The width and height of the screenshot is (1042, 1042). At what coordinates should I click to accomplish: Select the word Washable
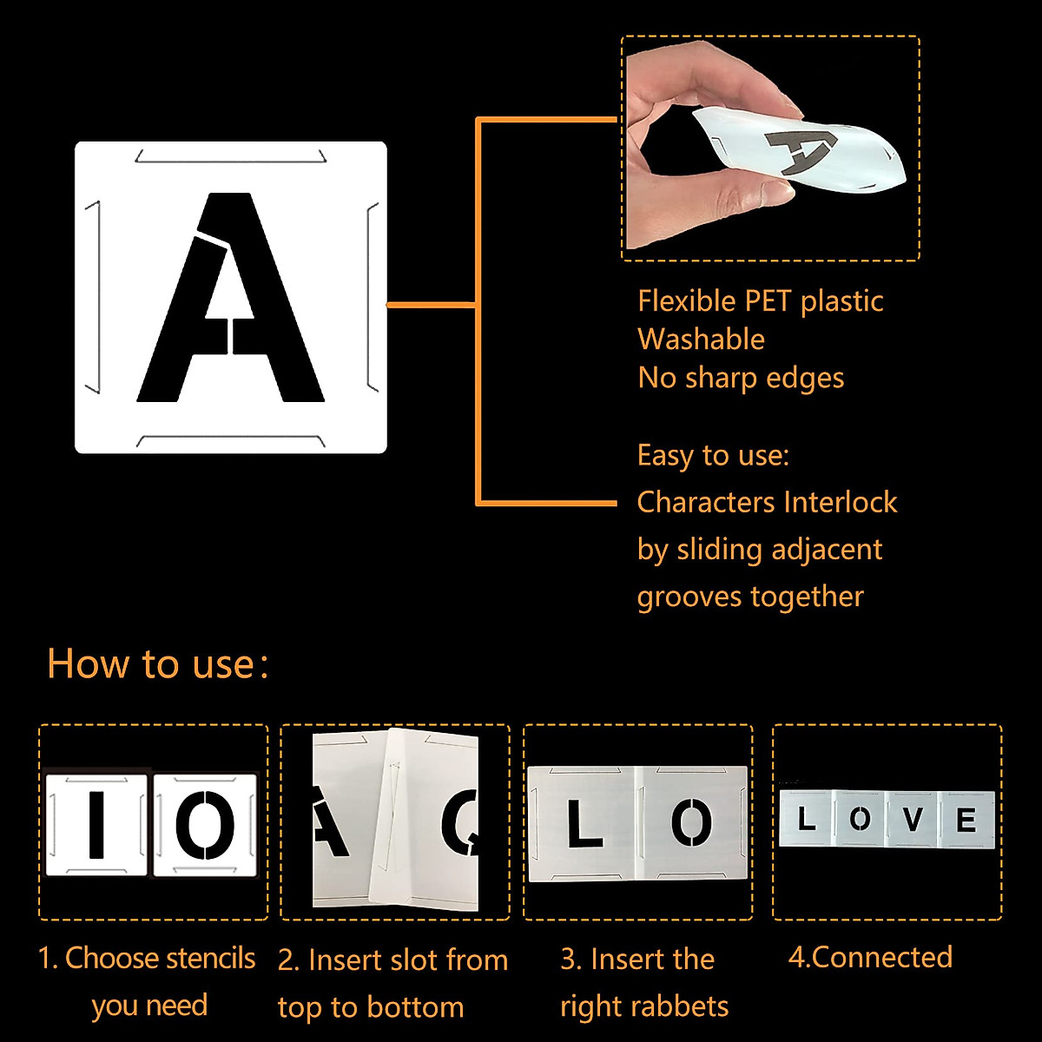(x=701, y=340)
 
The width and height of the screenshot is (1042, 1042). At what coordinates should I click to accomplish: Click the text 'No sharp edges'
(x=741, y=378)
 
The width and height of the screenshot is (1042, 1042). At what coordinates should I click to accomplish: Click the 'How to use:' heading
(x=157, y=664)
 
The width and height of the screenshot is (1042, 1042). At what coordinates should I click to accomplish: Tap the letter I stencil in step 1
(x=96, y=824)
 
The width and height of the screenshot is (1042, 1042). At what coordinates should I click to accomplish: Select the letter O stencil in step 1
(x=205, y=824)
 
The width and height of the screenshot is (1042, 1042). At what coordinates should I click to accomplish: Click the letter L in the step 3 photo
(x=584, y=825)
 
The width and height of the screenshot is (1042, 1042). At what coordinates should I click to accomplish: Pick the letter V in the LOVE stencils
(x=912, y=819)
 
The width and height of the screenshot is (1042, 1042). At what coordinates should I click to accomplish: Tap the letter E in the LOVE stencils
(x=966, y=820)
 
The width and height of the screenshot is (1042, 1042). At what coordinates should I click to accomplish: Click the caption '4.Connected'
(x=870, y=957)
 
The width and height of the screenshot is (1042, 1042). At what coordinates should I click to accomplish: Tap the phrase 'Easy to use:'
(x=713, y=456)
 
